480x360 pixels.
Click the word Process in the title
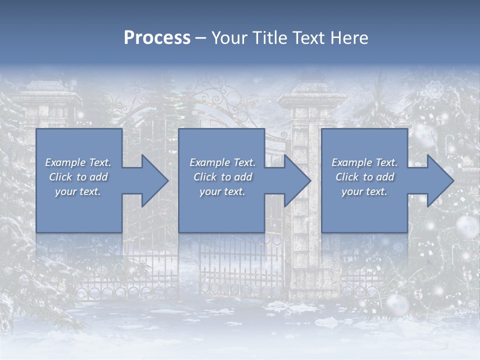157,38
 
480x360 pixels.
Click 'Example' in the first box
65,162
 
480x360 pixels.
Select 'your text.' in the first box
78,191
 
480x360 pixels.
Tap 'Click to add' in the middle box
222,177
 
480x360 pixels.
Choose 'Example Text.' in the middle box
222,162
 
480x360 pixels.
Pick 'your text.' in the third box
364,191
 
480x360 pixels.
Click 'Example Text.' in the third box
364,162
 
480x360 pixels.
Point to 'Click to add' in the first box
78,177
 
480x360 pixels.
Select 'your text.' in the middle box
222,191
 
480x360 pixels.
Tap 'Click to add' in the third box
364,177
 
